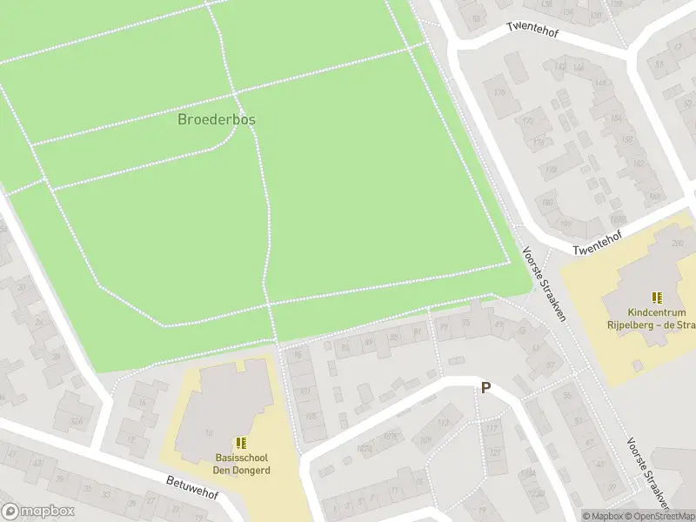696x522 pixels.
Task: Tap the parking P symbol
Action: coord(485,388)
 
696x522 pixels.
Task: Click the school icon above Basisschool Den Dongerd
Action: coord(241,444)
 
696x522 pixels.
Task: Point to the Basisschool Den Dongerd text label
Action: coord(243,464)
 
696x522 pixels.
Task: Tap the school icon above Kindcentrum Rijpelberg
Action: coord(657,298)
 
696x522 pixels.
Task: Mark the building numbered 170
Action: coord(500,93)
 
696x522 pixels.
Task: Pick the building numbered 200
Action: coord(677,243)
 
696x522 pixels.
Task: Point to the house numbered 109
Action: coord(425,441)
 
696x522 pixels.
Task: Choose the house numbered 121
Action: coord(495,453)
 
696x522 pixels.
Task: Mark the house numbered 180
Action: coord(547,203)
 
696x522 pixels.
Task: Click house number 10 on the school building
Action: coord(208,432)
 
